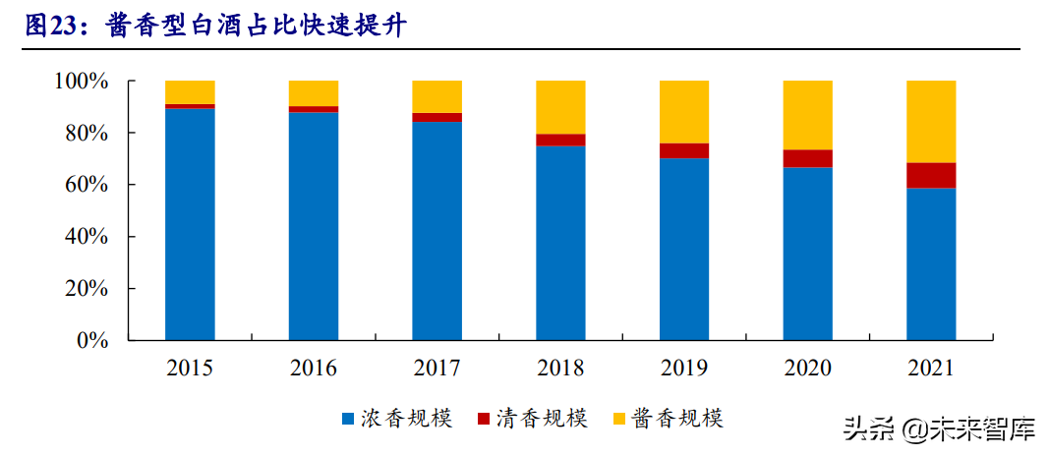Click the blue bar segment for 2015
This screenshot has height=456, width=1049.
pos(190,224)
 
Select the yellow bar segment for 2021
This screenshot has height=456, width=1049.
pos(931,121)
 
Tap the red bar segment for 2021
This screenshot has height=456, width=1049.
pos(931,175)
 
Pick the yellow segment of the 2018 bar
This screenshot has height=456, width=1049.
pos(560,107)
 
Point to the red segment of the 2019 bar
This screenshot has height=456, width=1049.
pos(684,150)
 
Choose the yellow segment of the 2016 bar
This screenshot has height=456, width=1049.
pos(314,93)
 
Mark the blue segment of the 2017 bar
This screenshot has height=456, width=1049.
pos(437,231)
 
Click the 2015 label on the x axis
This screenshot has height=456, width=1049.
pos(190,369)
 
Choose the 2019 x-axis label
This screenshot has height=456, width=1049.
pos(684,369)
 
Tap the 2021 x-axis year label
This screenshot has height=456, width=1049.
pos(931,369)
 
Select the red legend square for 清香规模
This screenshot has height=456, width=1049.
pos(484,420)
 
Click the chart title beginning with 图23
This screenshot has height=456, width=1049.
pos(215,27)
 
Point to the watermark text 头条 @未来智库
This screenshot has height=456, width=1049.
pos(940,429)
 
